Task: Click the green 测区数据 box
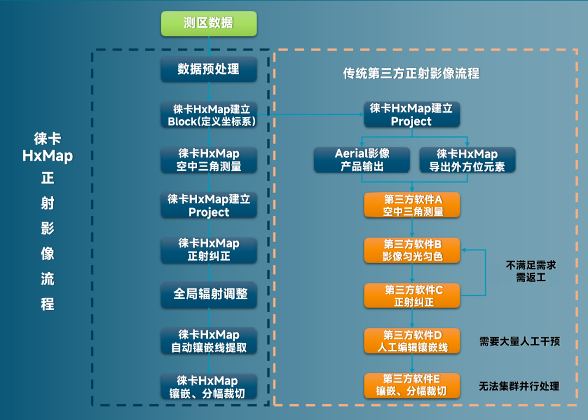pyautogui.click(x=209, y=23)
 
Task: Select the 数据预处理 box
pyautogui.click(x=209, y=69)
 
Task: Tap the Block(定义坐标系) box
pyautogui.click(x=209, y=115)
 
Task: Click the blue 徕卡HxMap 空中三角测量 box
pyautogui.click(x=209, y=160)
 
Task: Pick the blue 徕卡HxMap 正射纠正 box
pyautogui.click(x=209, y=250)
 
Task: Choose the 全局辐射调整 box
pyautogui.click(x=209, y=294)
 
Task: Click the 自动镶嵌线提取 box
pyautogui.click(x=209, y=341)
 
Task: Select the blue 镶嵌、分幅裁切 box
pyautogui.click(x=209, y=386)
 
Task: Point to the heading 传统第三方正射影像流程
pyautogui.click(x=411, y=73)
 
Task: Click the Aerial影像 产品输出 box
pyautogui.click(x=362, y=160)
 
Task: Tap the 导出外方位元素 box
pyautogui.click(x=467, y=160)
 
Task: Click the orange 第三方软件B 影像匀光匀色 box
pyautogui.click(x=413, y=250)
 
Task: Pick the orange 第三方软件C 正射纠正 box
pyautogui.click(x=413, y=295)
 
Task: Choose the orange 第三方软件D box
pyautogui.click(x=413, y=341)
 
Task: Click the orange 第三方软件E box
pyautogui.click(x=413, y=385)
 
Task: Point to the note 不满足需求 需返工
pyautogui.click(x=531, y=271)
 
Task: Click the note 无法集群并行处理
pyautogui.click(x=519, y=386)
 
